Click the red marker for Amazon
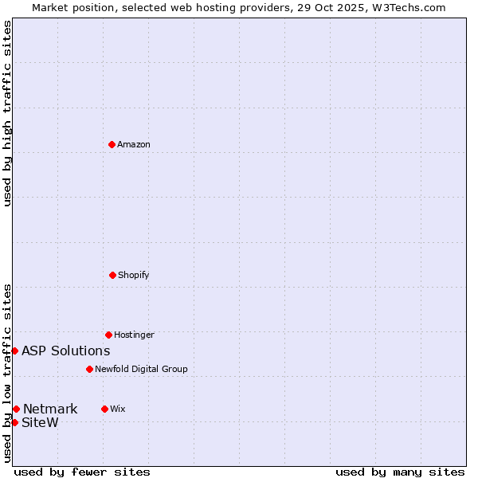[x=112, y=144]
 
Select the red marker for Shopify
[x=112, y=275]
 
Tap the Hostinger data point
[x=108, y=335]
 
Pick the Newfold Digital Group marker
[x=89, y=369]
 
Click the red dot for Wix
[x=104, y=409]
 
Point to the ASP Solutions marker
[x=14, y=351]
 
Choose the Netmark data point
[x=16, y=409]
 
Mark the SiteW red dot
[x=14, y=422]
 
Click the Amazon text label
[x=134, y=145]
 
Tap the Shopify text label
[x=134, y=276]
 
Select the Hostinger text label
[x=134, y=335]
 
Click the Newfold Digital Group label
[x=141, y=370]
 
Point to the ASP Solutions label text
[x=66, y=351]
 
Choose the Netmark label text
[x=50, y=409]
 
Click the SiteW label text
[x=40, y=423]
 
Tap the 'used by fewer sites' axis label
[x=82, y=472]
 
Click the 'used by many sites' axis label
[x=400, y=472]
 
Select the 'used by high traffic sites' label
[x=7, y=113]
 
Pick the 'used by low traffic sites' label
[x=7, y=373]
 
